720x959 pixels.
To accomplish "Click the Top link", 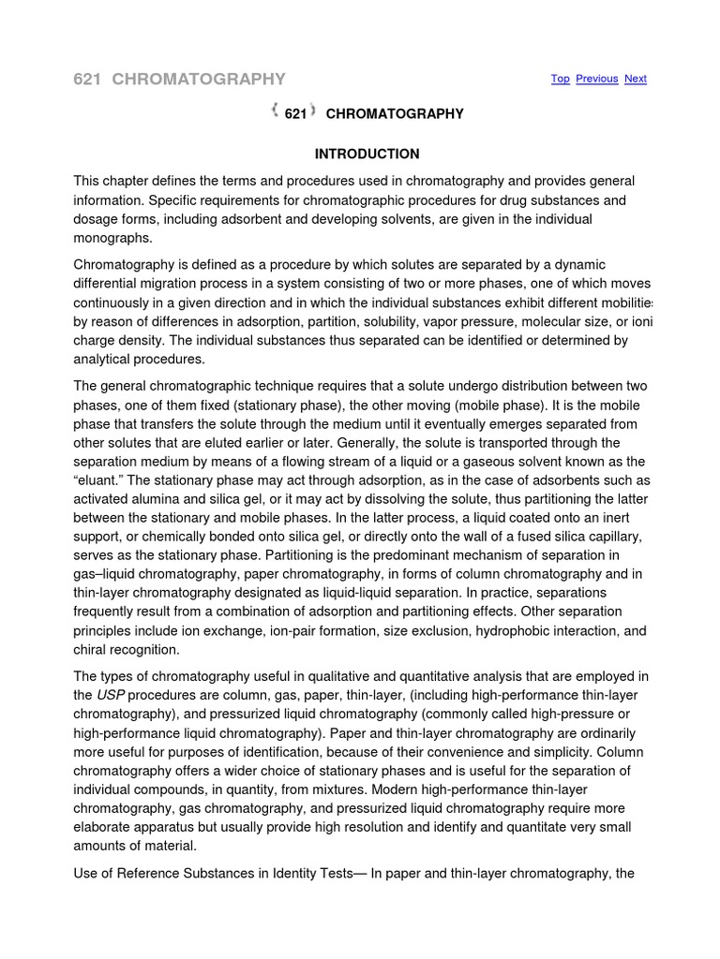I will [x=560, y=79].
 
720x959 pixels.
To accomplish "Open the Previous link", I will [x=596, y=79].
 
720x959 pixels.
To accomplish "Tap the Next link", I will [x=636, y=79].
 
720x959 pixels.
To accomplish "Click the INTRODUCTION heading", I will [x=367, y=154].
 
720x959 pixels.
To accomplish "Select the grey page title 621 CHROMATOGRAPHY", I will [x=179, y=79].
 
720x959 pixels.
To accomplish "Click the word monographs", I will [x=113, y=238].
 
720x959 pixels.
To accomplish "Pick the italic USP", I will [x=111, y=695].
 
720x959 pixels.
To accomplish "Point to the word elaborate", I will [x=106, y=827].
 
